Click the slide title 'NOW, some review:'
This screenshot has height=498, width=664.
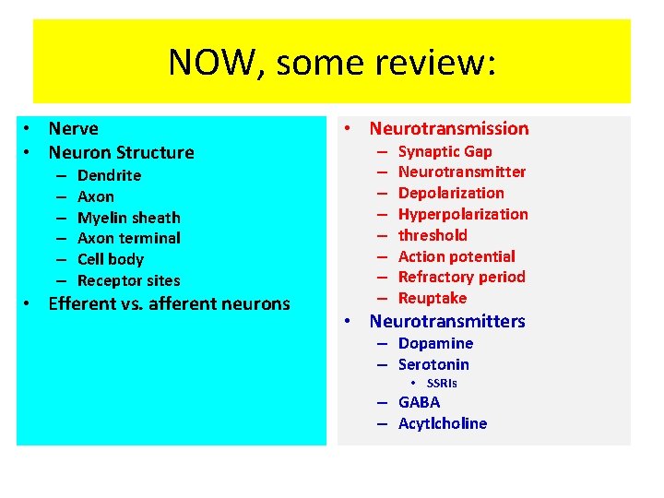[332, 63]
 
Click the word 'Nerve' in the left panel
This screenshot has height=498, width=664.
[73, 128]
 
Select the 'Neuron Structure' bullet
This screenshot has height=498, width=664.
[121, 152]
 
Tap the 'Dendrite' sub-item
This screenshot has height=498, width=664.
[109, 175]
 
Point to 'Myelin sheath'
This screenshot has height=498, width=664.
[128, 218]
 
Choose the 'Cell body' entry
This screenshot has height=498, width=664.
[110, 259]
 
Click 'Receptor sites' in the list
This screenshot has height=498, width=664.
[128, 280]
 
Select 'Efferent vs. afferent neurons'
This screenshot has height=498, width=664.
[169, 303]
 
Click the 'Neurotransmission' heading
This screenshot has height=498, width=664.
[448, 128]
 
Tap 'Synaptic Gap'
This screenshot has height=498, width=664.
[445, 151]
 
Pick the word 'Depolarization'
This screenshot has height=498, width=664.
[451, 193]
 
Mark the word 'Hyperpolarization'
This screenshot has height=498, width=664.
[463, 214]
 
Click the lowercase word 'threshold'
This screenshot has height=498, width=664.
[433, 235]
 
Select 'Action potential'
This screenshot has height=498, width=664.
[456, 256]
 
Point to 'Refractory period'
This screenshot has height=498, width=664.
[461, 277]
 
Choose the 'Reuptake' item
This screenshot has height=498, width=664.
[433, 298]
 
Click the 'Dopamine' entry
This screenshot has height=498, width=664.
[435, 343]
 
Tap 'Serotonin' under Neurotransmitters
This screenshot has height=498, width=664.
[433, 364]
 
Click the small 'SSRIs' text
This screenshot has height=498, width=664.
[442, 383]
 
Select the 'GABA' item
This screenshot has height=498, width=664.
[419, 402]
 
